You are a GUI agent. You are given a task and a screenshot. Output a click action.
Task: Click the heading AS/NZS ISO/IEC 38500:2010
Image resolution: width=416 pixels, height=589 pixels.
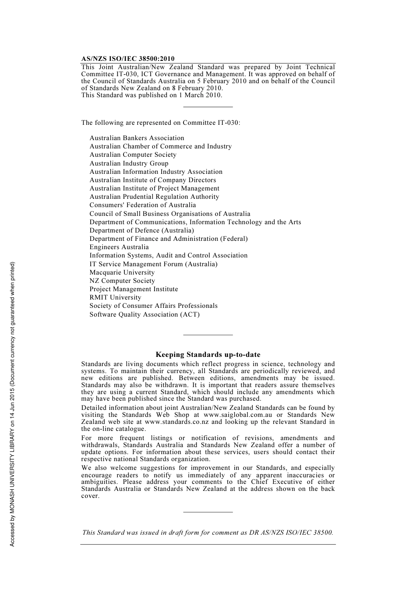coord(127,59)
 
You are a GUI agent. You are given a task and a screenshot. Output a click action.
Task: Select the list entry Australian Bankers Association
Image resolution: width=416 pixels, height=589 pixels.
coord(137,138)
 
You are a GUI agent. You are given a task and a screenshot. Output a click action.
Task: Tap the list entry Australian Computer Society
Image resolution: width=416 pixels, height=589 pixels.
coord(133,155)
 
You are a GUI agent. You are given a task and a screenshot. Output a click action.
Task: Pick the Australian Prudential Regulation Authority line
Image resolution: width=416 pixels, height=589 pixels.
coord(154,197)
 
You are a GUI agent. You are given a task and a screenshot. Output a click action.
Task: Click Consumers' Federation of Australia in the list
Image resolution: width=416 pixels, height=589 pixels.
coord(142,205)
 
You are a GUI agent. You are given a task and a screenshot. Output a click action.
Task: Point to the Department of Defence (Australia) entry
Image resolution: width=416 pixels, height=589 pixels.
coord(141,230)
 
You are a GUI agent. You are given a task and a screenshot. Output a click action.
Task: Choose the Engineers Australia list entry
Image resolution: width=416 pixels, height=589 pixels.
coord(119,247)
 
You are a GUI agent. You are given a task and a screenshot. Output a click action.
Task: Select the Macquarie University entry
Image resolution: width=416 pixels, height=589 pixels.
coord(122,272)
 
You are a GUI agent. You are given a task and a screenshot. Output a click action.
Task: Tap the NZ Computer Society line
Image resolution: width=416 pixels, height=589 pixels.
coord(122,281)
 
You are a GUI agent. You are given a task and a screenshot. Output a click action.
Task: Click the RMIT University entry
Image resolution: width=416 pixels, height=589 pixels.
coord(115,297)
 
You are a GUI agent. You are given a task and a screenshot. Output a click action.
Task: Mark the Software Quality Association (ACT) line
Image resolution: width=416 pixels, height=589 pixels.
coord(145,314)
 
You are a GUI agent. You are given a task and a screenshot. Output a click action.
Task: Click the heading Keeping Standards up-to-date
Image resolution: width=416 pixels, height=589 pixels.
coord(208,355)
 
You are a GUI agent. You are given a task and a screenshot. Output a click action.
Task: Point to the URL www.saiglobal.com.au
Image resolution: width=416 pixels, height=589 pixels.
coord(238,415)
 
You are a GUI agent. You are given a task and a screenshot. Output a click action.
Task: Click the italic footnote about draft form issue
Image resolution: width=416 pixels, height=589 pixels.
coord(208,533)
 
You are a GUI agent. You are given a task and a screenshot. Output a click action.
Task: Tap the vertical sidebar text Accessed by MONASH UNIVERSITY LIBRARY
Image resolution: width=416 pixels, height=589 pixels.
coord(13,404)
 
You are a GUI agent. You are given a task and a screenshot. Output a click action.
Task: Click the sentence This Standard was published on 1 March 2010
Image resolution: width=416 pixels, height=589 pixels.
coord(152,95)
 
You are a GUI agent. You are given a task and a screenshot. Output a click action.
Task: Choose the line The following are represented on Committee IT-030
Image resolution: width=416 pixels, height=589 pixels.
coord(160,123)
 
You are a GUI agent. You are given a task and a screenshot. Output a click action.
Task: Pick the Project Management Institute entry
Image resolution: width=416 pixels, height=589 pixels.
coord(134,289)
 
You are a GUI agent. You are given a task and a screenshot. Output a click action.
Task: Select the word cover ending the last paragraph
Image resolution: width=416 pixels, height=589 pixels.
coord(90,496)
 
